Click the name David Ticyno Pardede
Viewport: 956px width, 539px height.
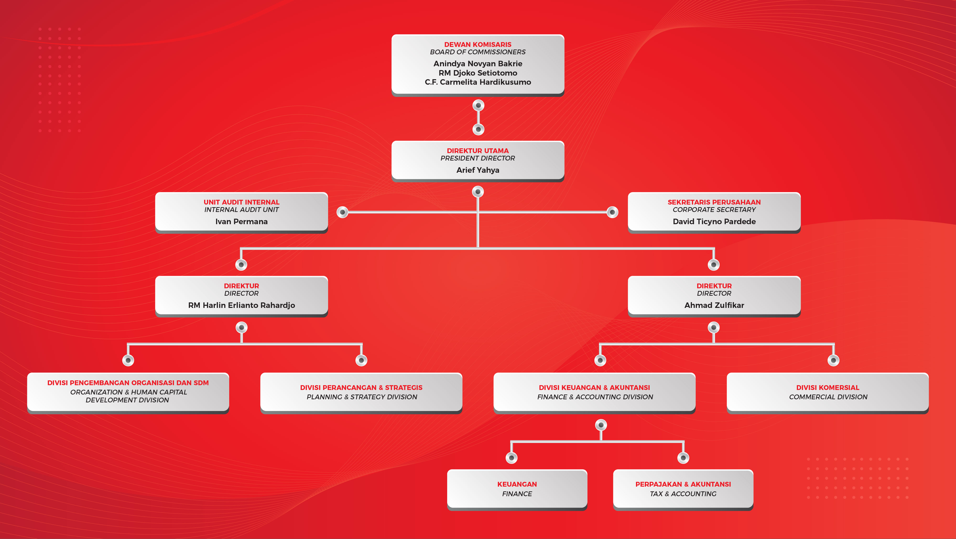(714, 221)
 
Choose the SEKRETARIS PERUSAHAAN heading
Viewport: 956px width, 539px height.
(714, 202)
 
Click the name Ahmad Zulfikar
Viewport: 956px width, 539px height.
(714, 305)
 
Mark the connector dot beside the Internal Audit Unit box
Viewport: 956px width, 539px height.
(342, 212)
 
